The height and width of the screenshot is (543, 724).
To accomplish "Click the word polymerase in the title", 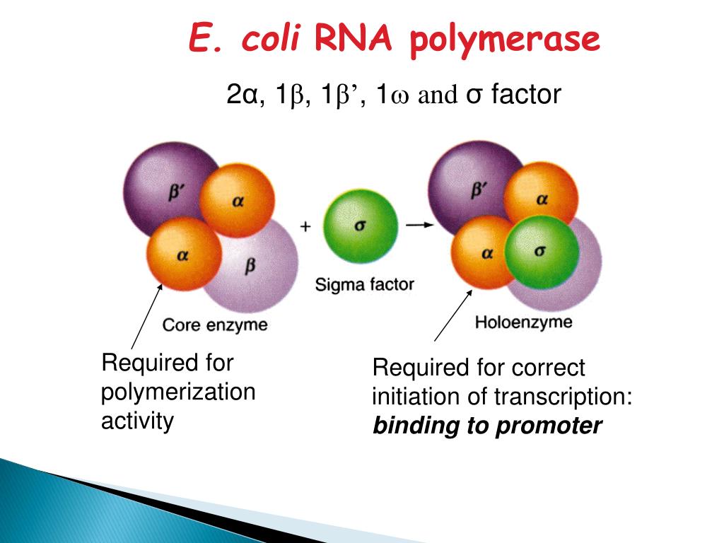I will (x=505, y=40).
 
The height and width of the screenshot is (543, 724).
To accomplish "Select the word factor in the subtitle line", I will (x=525, y=94).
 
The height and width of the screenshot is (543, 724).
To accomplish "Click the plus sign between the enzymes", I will (x=305, y=226).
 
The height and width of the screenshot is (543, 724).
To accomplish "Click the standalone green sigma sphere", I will (x=360, y=226).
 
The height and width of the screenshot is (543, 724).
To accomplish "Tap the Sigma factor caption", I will (x=364, y=284).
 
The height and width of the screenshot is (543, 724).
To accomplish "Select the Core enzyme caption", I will (x=215, y=325).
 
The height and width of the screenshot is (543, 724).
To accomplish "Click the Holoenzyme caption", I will (x=522, y=323).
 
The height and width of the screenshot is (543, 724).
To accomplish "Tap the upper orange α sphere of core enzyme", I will (x=237, y=202).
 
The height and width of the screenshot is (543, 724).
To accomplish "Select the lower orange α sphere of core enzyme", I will (x=183, y=255).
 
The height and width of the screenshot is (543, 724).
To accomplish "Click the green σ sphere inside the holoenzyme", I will (x=542, y=252).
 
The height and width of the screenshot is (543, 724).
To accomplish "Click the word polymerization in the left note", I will (x=178, y=392).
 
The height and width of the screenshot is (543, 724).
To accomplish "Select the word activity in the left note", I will (x=137, y=421).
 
